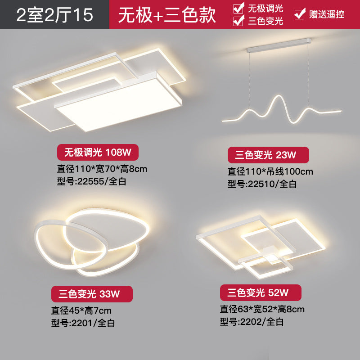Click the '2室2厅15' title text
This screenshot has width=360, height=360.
coord(54,15)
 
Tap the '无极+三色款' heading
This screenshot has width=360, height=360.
coord(167,15)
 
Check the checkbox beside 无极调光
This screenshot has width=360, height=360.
coord(238,8)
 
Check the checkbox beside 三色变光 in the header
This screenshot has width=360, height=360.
coord(238,21)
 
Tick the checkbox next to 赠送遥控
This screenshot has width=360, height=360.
coord(299,14)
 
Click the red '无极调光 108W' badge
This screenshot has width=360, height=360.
coord(97,153)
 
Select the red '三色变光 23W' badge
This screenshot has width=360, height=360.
coord(268,155)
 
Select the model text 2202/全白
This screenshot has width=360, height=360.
coord(252,321)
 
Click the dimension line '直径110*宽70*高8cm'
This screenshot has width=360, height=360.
coord(102,169)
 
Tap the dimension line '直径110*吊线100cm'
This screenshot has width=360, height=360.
coord(270,171)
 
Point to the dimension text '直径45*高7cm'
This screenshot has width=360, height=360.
coord(84,310)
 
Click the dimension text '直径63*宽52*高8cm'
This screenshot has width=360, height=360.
coord(262,309)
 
